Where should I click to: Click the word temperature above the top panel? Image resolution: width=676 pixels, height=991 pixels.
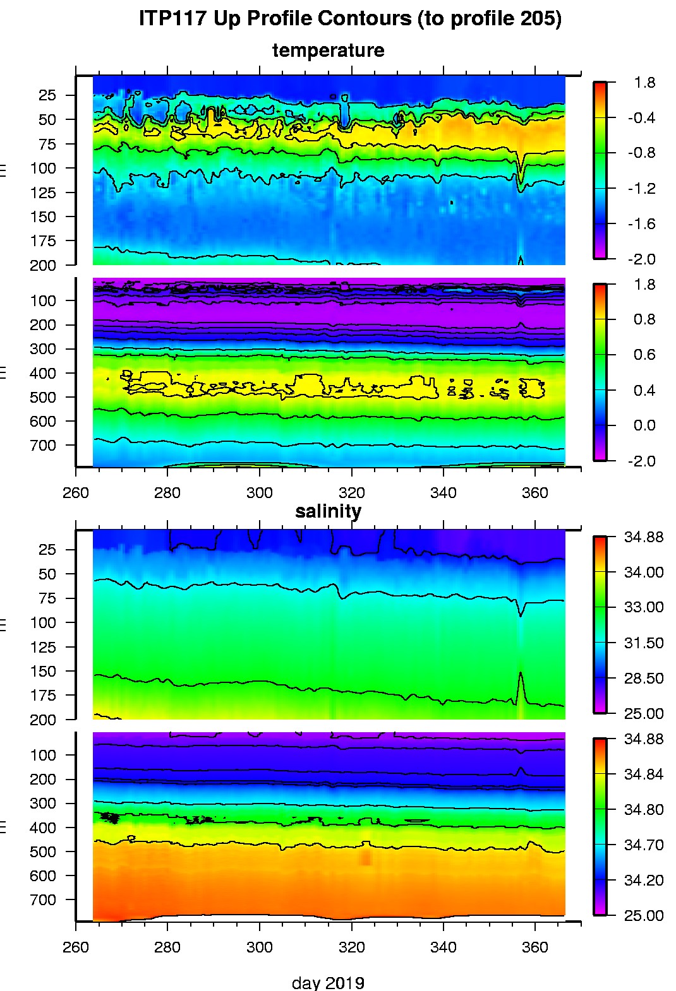pyautogui.click(x=328, y=50)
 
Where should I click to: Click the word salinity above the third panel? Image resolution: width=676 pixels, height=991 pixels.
pyautogui.click(x=328, y=511)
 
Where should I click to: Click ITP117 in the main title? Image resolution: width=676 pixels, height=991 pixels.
pyautogui.click(x=172, y=18)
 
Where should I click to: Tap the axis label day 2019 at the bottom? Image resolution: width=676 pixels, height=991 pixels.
pyautogui.click(x=328, y=982)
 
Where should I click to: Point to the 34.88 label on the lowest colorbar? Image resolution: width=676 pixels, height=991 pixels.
pyautogui.click(x=643, y=739)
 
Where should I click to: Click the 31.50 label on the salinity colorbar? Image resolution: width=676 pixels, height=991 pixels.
pyautogui.click(x=643, y=643)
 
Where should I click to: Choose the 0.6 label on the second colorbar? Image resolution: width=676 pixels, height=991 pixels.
pyautogui.click(x=644, y=354)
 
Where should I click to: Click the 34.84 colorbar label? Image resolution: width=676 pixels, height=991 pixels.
pyautogui.click(x=643, y=774)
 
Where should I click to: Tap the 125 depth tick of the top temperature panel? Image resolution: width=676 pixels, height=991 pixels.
pyautogui.click(x=43, y=193)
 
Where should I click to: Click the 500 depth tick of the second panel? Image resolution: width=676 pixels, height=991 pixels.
pyautogui.click(x=43, y=397)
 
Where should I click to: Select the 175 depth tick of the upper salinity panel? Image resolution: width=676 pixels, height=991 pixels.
pyautogui.click(x=43, y=695)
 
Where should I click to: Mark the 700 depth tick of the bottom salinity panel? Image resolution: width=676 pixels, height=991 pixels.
pyautogui.click(x=43, y=899)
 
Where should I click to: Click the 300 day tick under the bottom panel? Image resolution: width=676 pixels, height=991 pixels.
pyautogui.click(x=259, y=947)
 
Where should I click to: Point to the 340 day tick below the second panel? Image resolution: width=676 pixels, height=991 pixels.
pyautogui.click(x=443, y=492)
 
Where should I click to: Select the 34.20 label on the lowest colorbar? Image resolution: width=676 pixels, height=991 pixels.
pyautogui.click(x=643, y=880)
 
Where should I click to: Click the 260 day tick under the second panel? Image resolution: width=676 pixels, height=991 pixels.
pyautogui.click(x=76, y=492)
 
